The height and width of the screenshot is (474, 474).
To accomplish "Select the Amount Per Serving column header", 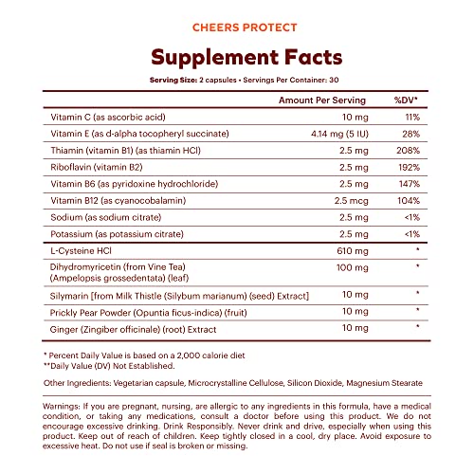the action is click(x=319, y=99).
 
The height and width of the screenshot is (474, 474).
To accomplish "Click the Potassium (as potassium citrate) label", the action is click(x=117, y=236).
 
